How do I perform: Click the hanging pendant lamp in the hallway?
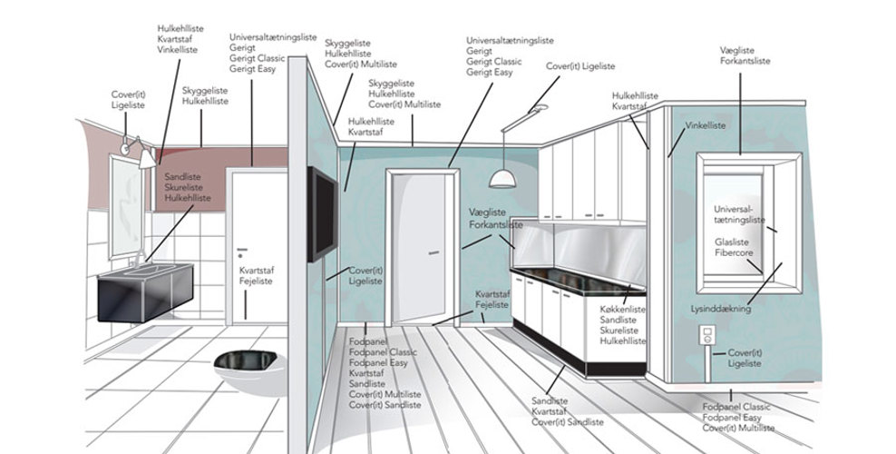pyautogui.click(x=501, y=178)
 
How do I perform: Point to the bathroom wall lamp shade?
pyautogui.click(x=146, y=158)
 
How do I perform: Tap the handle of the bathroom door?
pyautogui.click(x=240, y=249)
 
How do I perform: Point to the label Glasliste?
pyautogui.click(x=731, y=242)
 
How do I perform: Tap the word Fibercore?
pyautogui.click(x=734, y=253)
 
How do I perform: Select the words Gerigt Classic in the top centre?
pyautogui.click(x=494, y=62)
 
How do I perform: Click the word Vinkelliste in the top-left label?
pyautogui.click(x=179, y=51)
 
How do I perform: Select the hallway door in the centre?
pyautogui.click(x=419, y=245)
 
